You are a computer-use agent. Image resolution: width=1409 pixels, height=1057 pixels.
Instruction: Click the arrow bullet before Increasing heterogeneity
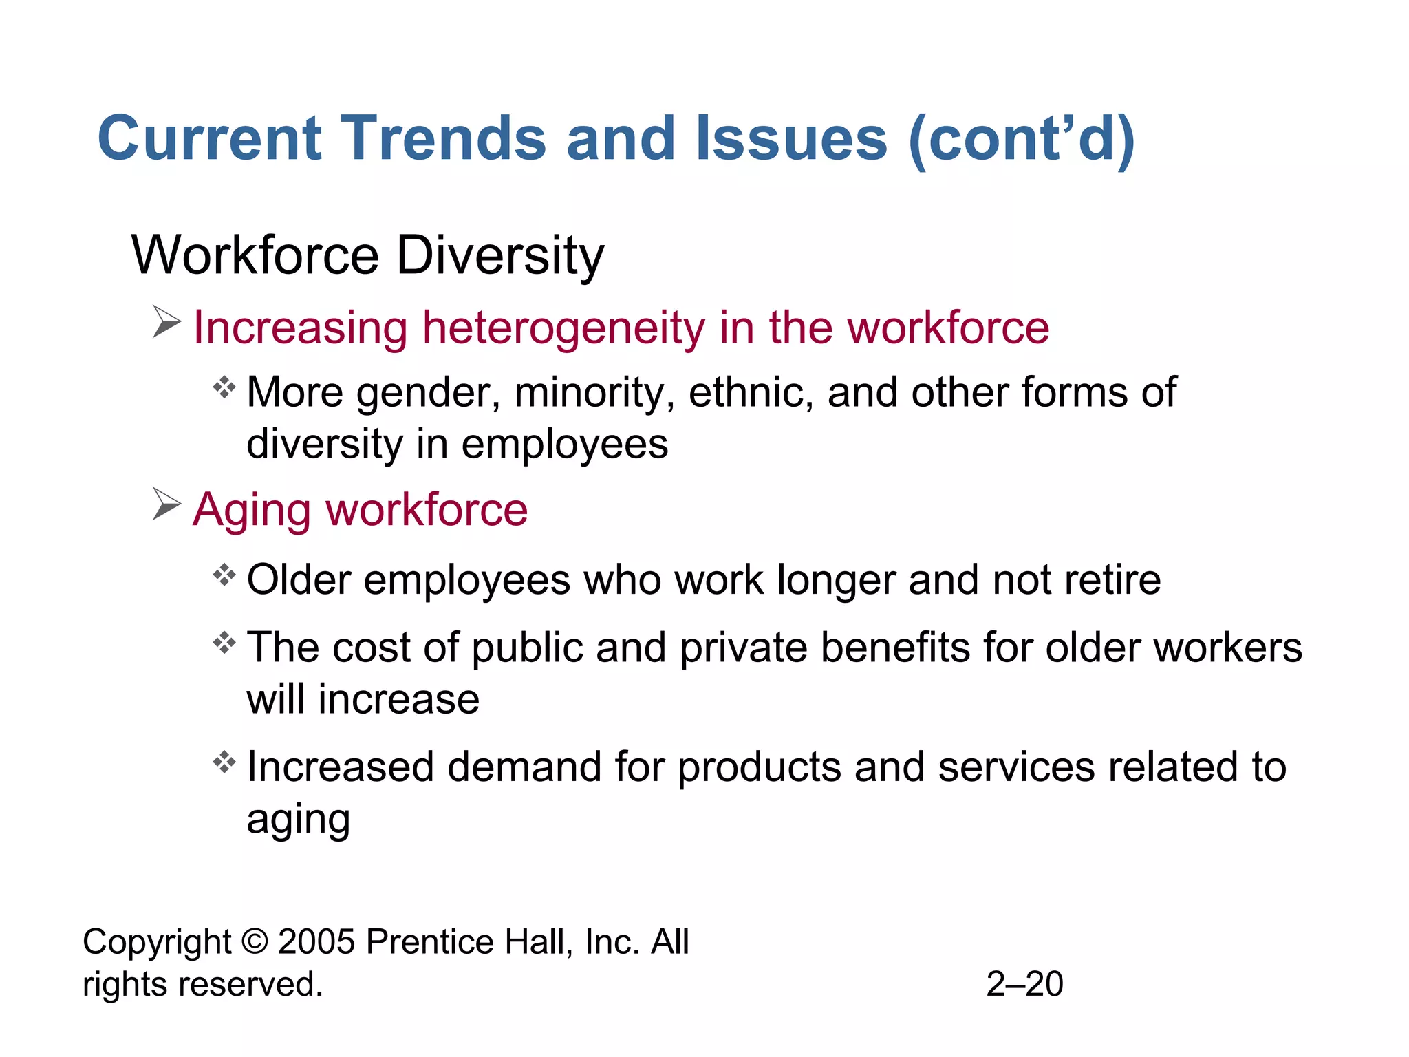[x=166, y=322]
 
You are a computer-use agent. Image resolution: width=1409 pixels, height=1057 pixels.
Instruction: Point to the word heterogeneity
[x=564, y=328]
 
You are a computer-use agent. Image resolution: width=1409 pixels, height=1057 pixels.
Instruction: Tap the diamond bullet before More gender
[x=224, y=387]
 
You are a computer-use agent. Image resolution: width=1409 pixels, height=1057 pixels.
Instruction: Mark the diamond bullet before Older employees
[x=224, y=574]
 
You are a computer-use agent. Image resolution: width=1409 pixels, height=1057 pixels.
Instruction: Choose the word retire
[x=1112, y=579]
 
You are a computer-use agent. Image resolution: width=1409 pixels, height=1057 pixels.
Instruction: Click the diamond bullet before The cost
[x=224, y=643]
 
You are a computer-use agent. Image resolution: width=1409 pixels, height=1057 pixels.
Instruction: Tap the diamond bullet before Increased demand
[x=224, y=762]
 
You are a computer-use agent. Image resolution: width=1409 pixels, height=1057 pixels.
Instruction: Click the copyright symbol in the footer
[x=255, y=942]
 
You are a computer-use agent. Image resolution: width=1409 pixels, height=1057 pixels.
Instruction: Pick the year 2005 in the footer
[x=316, y=942]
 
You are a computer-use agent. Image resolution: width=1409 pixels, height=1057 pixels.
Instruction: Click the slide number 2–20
[x=1024, y=984]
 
